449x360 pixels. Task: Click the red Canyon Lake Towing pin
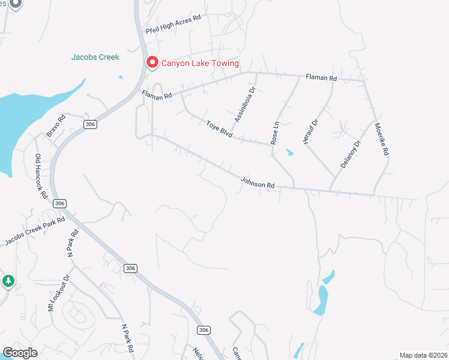point(152,62)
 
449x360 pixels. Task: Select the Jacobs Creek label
point(95,58)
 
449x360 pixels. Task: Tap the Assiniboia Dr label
point(245,105)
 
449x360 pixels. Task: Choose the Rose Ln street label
point(276,134)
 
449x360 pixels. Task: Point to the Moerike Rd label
point(382,140)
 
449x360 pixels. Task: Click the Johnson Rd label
point(258,182)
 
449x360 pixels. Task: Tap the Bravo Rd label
point(56,125)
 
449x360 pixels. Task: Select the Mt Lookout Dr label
point(59,293)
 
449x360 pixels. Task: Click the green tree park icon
point(8,280)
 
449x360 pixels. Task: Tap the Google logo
point(20,353)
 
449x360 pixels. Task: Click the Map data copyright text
point(423,355)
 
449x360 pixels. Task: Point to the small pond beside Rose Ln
point(291,152)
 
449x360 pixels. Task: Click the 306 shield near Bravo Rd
point(89,124)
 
